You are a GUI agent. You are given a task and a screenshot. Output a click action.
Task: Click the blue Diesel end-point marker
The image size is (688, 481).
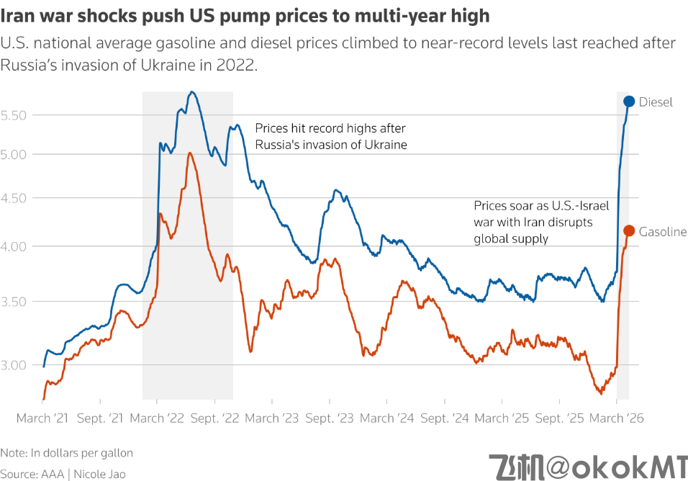[629, 102]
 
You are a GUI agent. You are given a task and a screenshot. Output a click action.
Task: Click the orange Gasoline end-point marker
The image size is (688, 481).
[628, 230]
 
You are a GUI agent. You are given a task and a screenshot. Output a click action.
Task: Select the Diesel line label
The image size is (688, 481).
[656, 102]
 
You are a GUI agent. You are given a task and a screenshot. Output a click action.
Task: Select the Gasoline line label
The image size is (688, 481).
[663, 232]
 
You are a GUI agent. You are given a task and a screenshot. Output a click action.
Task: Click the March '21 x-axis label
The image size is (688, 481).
[43, 418]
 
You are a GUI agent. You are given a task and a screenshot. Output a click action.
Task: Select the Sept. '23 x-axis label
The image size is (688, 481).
[330, 418]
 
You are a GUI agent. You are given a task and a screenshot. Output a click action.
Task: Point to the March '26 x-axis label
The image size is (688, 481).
[616, 418]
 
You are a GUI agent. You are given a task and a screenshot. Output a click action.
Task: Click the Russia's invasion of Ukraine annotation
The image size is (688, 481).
[331, 136]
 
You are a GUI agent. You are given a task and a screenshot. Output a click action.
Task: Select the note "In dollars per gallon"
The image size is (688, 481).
[67, 453]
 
